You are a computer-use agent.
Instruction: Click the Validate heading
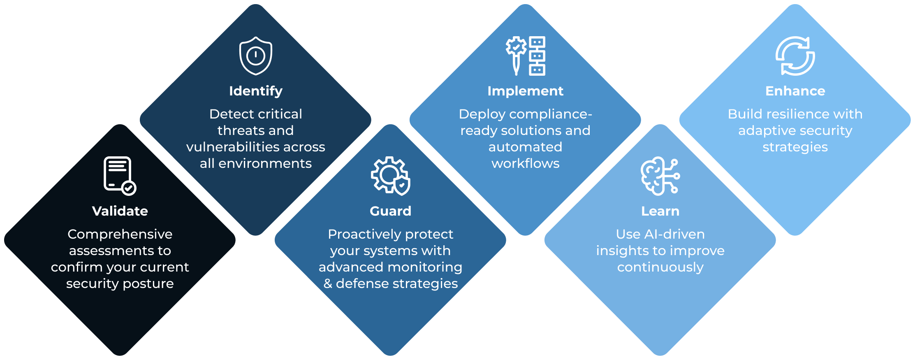(x=120, y=211)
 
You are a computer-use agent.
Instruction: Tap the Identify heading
(x=255, y=91)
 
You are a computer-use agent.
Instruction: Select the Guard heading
(x=390, y=211)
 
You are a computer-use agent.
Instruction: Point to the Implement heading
(x=525, y=91)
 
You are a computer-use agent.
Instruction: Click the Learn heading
(x=660, y=211)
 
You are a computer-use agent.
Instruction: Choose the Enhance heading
(x=795, y=91)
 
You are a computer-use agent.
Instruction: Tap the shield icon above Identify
(x=255, y=56)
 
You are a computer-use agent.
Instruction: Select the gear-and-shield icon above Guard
(x=390, y=176)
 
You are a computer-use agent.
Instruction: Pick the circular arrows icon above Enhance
(x=795, y=56)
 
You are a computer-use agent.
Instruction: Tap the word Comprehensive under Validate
(x=120, y=234)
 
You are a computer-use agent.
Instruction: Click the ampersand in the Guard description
(x=328, y=283)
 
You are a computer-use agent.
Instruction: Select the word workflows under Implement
(x=525, y=163)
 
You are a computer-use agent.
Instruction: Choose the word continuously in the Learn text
(x=660, y=267)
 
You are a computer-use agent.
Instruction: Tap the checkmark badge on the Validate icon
(x=129, y=188)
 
